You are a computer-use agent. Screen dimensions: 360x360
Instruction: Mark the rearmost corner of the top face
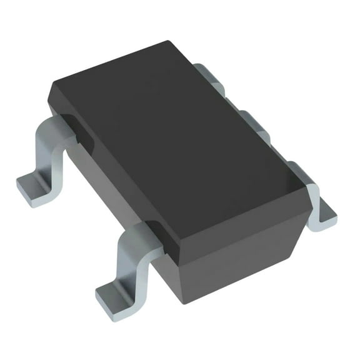click(169, 42)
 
